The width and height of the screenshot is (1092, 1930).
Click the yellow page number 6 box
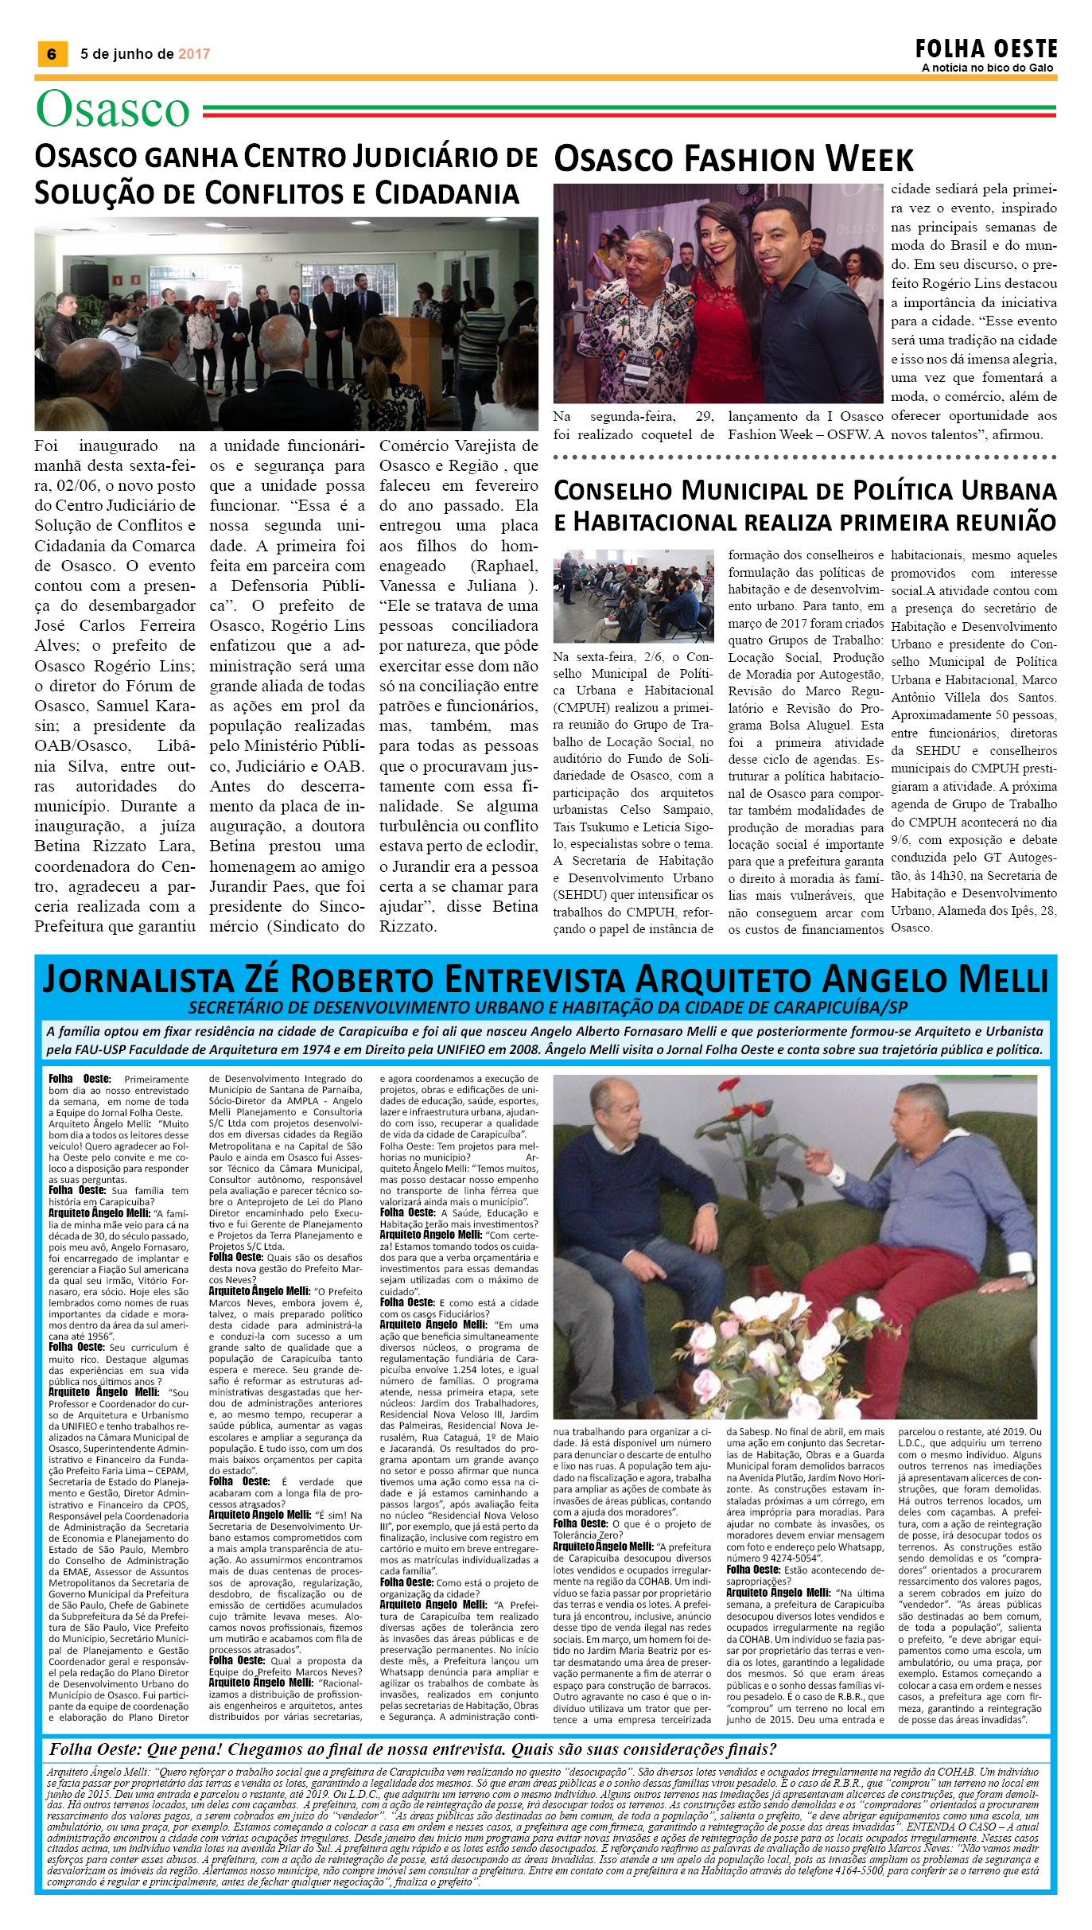tap(52, 54)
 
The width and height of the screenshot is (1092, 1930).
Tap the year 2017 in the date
tap(194, 54)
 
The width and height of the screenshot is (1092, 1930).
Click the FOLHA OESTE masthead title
tap(986, 49)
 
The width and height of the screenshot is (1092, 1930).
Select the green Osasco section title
tap(113, 109)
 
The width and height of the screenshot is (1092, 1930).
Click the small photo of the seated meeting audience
tap(633, 595)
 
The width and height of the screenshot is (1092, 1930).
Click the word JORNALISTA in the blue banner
tap(138, 979)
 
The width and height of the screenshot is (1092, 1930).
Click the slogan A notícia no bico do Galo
tap(987, 68)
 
